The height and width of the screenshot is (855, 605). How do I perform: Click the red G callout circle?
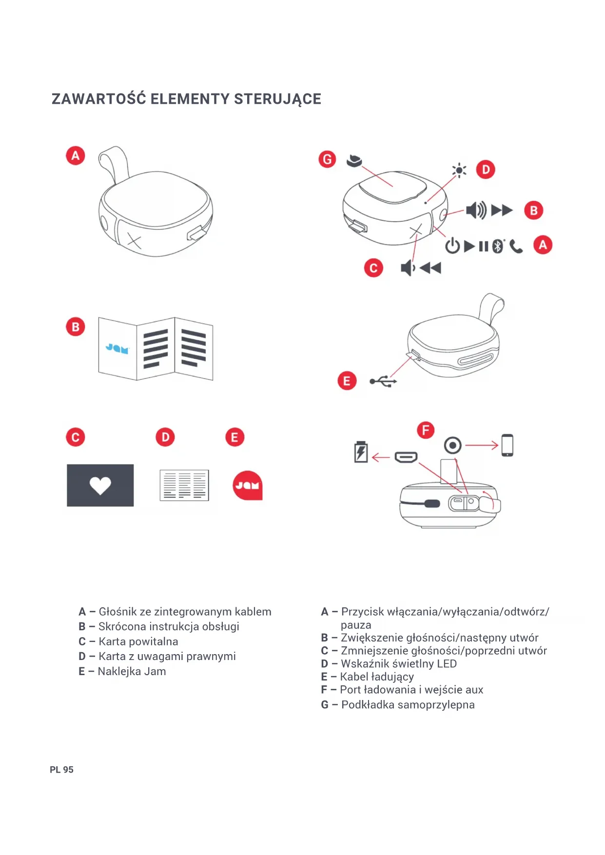tap(327, 159)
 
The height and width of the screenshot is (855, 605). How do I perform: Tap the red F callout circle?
tap(426, 430)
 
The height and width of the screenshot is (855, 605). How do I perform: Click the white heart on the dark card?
tap(100, 485)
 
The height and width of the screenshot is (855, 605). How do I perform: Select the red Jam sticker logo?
tap(248, 486)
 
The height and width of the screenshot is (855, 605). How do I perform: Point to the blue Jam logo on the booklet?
tap(117, 349)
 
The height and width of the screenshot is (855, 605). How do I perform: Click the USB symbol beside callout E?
tap(383, 381)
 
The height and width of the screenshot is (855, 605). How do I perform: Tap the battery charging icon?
tap(361, 452)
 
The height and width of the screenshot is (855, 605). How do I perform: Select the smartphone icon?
tap(507, 445)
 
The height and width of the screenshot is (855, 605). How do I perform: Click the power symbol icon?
tap(452, 246)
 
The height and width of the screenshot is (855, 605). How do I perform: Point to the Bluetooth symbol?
tap(497, 246)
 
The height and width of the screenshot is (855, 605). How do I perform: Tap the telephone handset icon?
tap(516, 247)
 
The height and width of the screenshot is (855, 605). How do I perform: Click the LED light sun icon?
tap(459, 170)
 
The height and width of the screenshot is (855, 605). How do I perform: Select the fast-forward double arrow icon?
tap(502, 211)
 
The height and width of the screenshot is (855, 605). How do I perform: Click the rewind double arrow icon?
tap(430, 268)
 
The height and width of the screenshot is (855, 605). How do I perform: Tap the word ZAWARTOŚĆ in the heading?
tap(99, 99)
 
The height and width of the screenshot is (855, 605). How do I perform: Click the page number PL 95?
tap(61, 770)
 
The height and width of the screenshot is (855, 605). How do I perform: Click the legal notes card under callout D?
tap(184, 486)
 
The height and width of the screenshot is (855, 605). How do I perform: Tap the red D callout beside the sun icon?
tap(486, 170)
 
